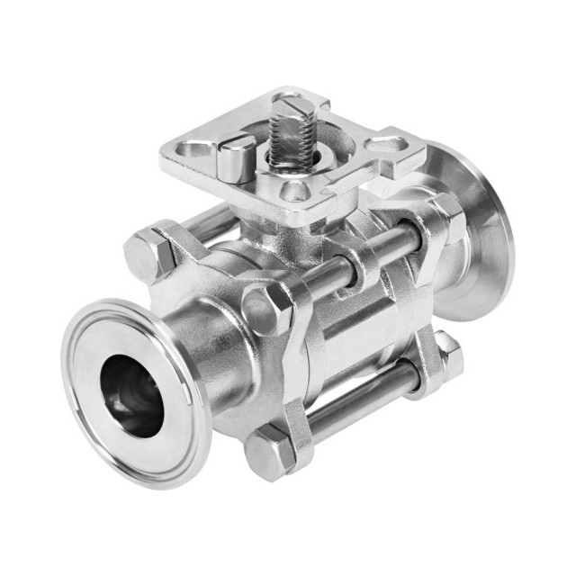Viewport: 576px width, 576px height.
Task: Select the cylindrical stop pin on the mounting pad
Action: (x=237, y=158)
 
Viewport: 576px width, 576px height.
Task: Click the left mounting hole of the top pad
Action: (x=193, y=148)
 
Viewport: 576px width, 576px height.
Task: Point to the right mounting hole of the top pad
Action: (x=387, y=144)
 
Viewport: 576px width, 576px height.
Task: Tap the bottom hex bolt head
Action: (x=271, y=455)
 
